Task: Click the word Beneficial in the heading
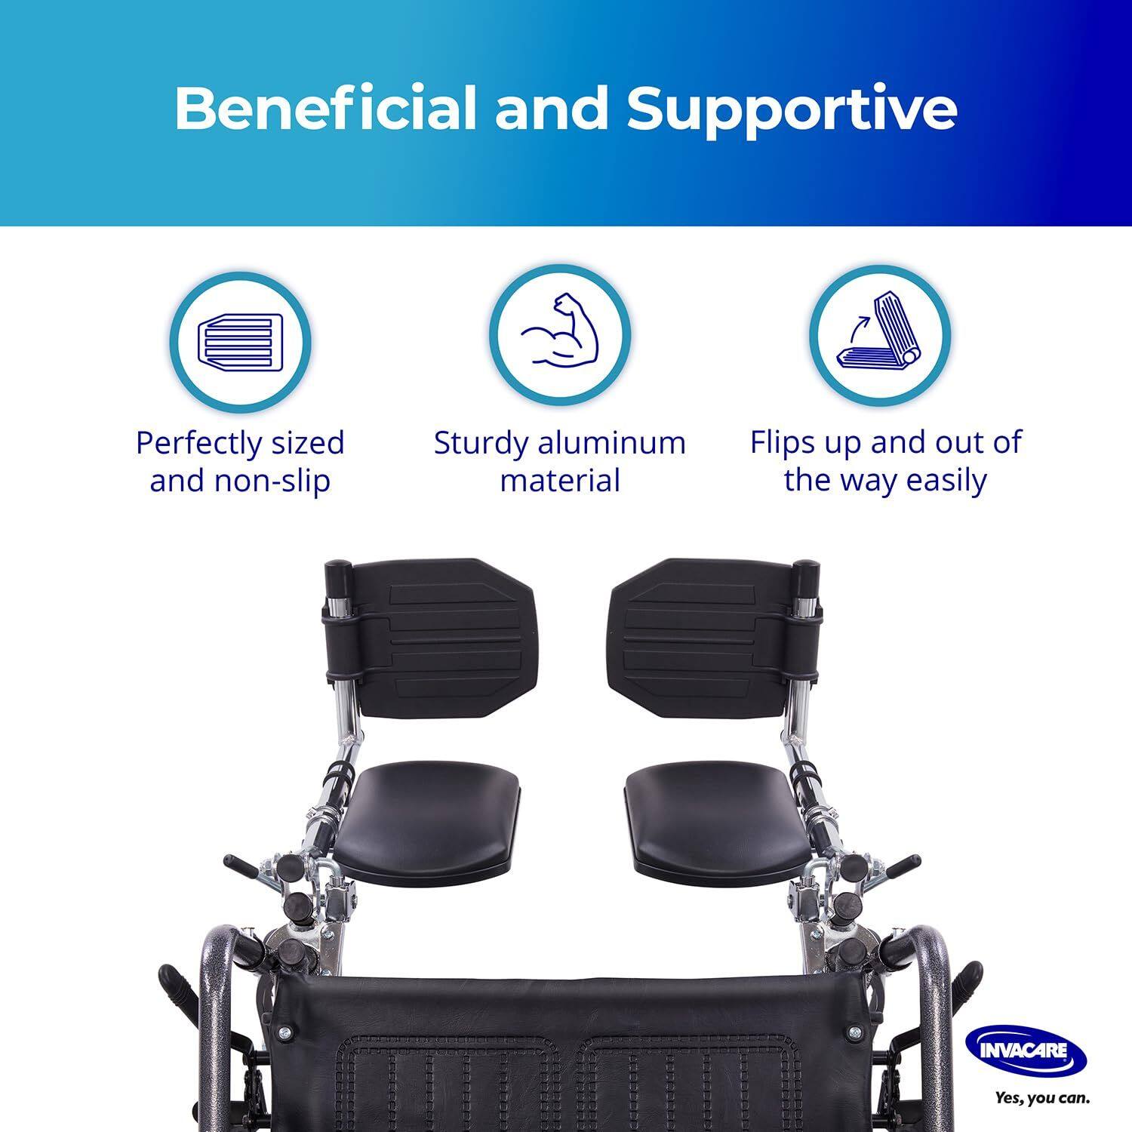click(x=326, y=108)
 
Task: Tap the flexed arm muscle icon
click(x=560, y=334)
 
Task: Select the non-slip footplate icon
click(x=240, y=340)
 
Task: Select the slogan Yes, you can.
click(x=1042, y=1098)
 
